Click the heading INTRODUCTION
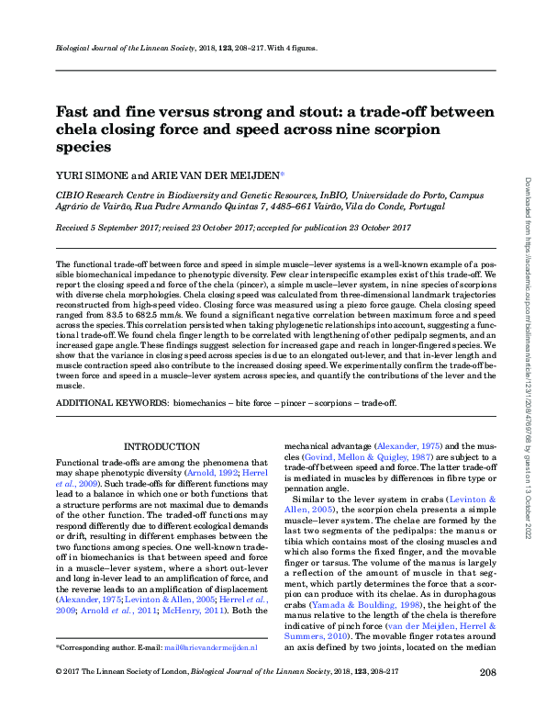[x=161, y=445]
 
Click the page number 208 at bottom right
[x=487, y=699]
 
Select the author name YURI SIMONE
[x=88, y=175]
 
